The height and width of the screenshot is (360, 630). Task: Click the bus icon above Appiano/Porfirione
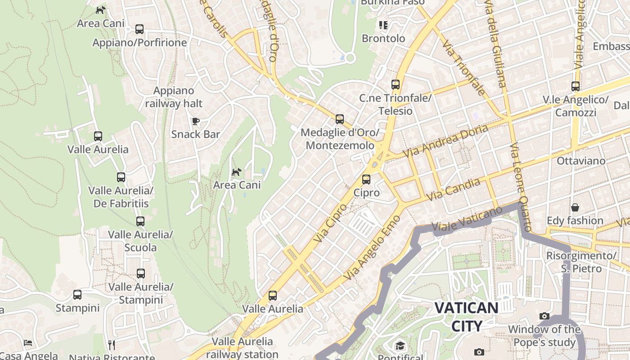[139, 29]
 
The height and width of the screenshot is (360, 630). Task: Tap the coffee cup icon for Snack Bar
[196, 121]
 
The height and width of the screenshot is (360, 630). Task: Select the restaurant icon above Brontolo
[383, 25]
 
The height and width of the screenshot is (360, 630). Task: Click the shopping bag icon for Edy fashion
[575, 207]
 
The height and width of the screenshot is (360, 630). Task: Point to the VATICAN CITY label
[466, 317]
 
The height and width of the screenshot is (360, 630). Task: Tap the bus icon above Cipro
[366, 180]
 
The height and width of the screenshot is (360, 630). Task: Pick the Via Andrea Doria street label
[445, 141]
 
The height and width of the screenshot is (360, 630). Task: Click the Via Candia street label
[453, 189]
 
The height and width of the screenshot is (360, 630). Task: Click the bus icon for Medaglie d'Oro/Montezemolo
[340, 119]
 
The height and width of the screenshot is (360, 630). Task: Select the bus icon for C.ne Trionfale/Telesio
[396, 84]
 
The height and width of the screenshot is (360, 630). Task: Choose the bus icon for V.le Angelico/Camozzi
[576, 86]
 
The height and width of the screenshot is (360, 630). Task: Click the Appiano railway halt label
[174, 97]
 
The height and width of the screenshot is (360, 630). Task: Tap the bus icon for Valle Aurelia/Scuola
[140, 221]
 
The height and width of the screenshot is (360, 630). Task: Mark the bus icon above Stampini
[77, 295]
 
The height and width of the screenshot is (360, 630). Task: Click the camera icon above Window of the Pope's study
[544, 316]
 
